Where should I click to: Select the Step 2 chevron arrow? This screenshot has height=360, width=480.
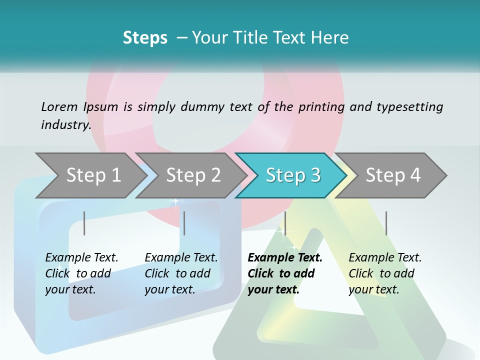(193, 175)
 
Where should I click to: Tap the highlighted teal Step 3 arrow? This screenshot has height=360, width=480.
(293, 175)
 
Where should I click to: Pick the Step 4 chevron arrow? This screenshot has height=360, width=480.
(393, 175)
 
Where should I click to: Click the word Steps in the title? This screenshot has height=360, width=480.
(145, 37)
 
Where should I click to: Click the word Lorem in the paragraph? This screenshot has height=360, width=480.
(59, 106)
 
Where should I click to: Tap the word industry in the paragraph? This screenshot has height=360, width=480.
(65, 124)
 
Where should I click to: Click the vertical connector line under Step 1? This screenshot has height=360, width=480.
(84, 223)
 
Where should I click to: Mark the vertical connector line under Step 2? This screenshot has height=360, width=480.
(184, 223)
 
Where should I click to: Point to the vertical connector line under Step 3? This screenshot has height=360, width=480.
(285, 223)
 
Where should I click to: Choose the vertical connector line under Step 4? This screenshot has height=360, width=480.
(386, 223)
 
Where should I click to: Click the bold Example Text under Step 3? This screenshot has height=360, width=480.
(285, 257)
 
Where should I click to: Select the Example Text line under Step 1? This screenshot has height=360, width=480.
(81, 257)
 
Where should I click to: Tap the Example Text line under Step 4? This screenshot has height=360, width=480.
(385, 257)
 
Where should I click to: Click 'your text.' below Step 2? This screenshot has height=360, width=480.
(169, 289)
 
